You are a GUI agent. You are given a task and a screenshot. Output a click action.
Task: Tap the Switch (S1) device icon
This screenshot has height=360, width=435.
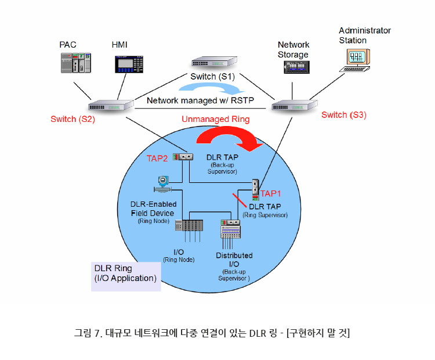coord(212,63)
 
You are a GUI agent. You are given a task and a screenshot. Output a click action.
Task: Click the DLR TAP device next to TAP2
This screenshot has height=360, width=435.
coord(186,156)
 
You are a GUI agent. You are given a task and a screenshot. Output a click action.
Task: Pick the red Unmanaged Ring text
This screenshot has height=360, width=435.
coord(215,119)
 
